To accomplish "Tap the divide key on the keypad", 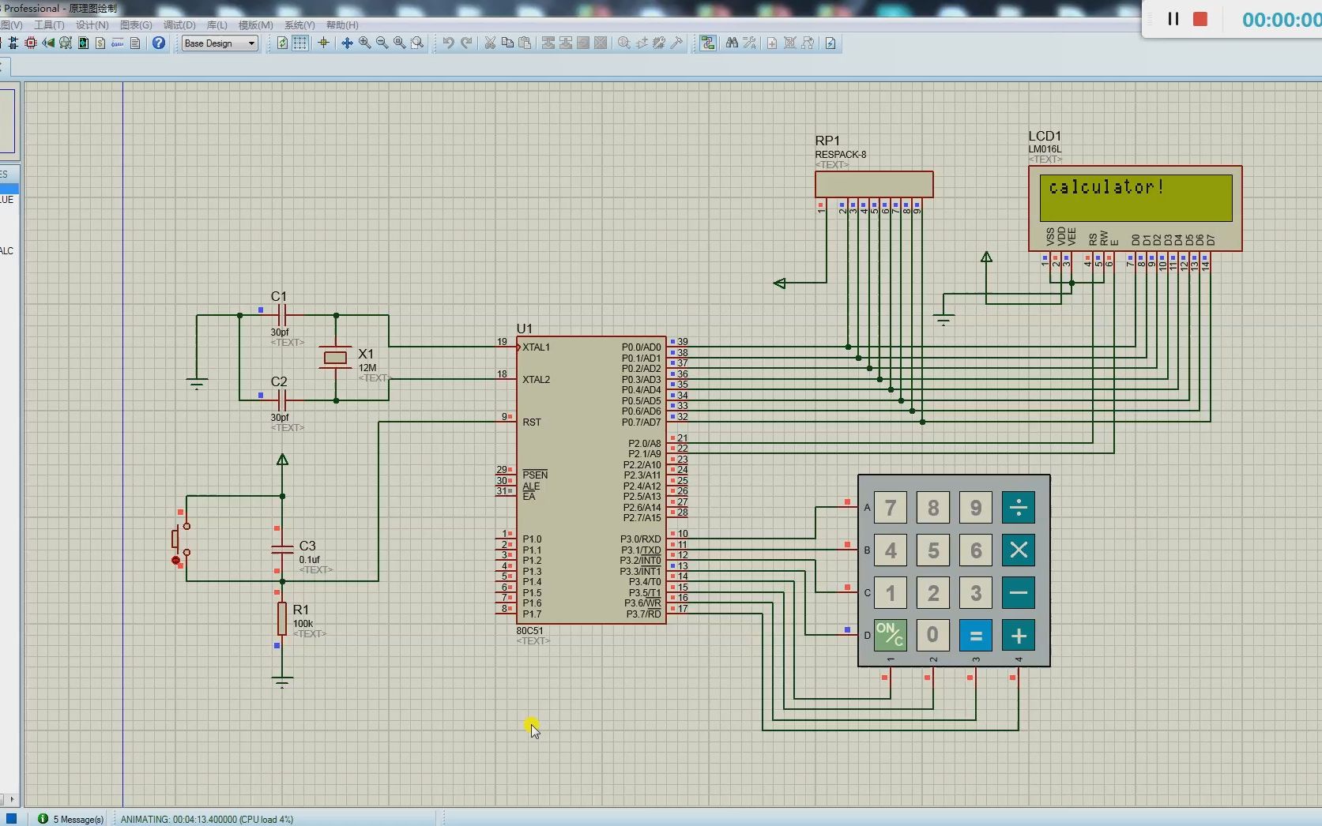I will click(1018, 508).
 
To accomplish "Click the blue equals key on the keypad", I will click(975, 636).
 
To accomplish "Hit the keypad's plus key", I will click(1018, 636).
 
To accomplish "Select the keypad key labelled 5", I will click(932, 550).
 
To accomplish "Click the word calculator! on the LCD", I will click(1105, 188).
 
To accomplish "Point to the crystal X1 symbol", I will click(336, 358).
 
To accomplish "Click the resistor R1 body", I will click(282, 618).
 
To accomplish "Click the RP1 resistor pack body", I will click(874, 185).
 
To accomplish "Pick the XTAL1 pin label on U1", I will click(536, 347).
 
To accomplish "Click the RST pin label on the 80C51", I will click(532, 422).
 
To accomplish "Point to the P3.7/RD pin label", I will click(643, 614).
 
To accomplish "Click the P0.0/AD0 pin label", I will click(641, 347).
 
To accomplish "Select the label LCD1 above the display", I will click(1045, 137).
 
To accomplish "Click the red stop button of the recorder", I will click(1200, 19).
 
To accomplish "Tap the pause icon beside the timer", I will click(1173, 19).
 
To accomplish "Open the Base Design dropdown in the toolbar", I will click(220, 43).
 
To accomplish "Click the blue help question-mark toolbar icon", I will click(159, 43).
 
